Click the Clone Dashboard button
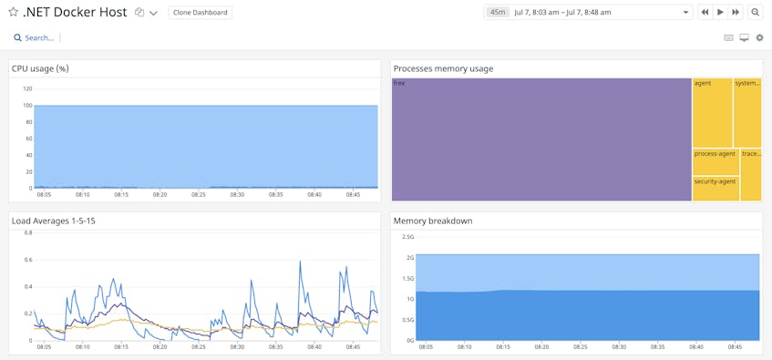pos(201,13)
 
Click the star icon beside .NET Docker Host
pos(14,13)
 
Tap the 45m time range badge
pos(498,13)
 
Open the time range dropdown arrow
pos(685,13)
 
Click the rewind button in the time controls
pos(705,13)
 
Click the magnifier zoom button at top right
pos(756,13)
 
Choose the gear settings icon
pos(760,37)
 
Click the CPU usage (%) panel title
pos(40,68)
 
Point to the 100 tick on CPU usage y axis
pos(26,106)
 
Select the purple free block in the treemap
pos(541,139)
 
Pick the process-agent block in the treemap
pos(715,161)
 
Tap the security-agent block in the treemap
pos(715,188)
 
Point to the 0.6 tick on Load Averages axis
pos(28,260)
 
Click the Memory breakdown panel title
pos(433,221)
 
